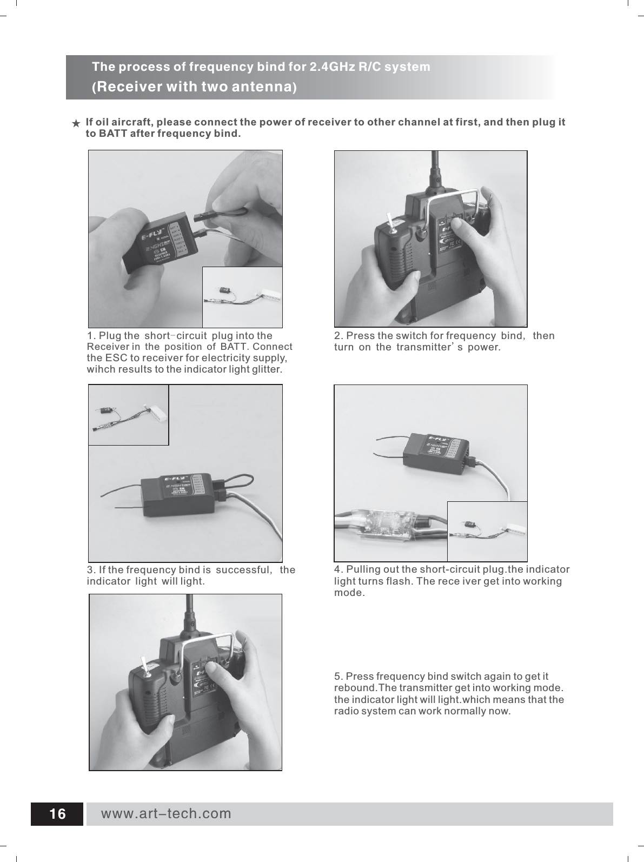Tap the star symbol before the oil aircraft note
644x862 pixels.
77,124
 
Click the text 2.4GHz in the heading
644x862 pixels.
330,67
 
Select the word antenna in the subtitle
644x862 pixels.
257,87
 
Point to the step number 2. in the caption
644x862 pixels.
338,336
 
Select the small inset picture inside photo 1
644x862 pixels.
242,297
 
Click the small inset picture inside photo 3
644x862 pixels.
129,415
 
